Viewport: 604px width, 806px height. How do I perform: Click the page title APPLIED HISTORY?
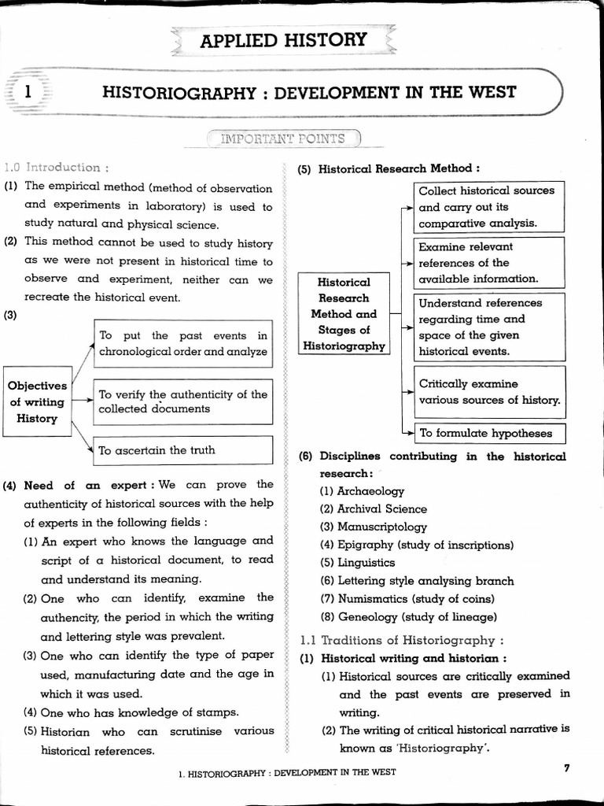pos(283,39)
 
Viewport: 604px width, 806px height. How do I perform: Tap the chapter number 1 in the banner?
pos(28,92)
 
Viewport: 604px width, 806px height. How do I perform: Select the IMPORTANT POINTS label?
pos(282,139)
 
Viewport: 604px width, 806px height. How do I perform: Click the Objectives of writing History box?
pos(37,401)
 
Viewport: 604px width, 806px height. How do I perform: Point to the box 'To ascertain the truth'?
pos(182,450)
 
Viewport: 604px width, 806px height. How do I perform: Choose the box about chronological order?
pos(182,343)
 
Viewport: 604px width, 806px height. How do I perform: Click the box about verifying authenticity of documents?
pos(182,401)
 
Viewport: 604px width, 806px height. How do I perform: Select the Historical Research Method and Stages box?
pos(343,313)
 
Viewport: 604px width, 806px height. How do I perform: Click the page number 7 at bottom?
pos(566,769)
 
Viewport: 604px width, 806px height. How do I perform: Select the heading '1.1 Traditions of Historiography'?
pos(402,640)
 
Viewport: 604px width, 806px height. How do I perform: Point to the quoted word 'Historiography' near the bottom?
pos(445,748)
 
